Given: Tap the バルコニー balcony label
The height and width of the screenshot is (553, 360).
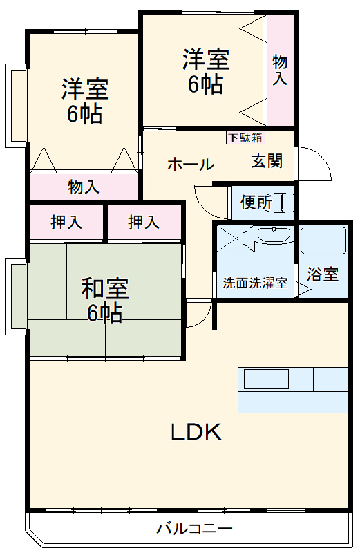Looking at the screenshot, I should tap(194, 529).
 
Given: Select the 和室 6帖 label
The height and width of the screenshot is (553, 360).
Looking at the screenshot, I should tap(104, 300).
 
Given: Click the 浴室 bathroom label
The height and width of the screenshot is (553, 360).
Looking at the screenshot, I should tap(323, 274).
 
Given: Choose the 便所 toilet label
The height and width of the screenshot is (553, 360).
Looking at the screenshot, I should tap(256, 203).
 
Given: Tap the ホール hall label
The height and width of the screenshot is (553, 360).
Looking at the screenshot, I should tap(191, 165).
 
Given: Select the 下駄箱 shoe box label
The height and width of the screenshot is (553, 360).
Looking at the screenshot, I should tap(245, 137).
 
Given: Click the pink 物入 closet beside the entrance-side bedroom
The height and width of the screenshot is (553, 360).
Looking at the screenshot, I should tap(280, 70).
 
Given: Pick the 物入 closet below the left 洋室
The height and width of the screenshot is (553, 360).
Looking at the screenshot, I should tap(84, 187).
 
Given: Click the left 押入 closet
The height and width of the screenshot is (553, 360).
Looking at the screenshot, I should tap(66, 223).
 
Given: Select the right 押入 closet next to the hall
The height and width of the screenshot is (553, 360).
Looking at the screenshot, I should tap(144, 223).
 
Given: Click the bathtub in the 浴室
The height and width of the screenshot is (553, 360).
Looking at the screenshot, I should tap(322, 241).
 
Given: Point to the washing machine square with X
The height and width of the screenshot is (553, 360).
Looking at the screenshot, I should tap(235, 239).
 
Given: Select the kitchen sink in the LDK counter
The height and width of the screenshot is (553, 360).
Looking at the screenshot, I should tap(265, 379).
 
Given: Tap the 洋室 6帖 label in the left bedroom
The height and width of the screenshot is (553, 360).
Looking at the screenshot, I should tap(84, 101).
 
